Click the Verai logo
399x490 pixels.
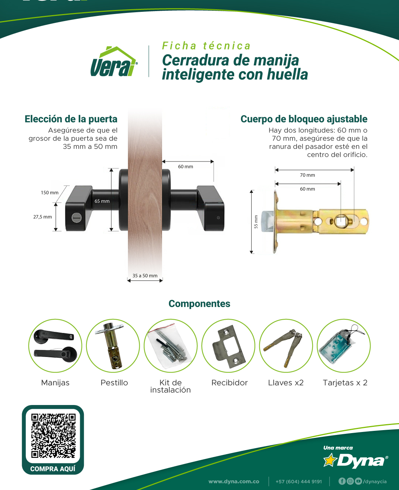click(x=114, y=61)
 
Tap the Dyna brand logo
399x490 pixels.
click(x=355, y=460)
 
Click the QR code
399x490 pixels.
click(x=53, y=435)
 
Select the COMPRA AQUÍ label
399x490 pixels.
click(x=53, y=469)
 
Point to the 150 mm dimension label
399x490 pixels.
click(x=50, y=193)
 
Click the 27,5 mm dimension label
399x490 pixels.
click(x=42, y=217)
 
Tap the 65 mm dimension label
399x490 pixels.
click(x=102, y=201)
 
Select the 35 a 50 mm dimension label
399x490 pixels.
click(x=145, y=276)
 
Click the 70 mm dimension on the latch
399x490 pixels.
click(x=307, y=175)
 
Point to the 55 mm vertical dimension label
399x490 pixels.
click(x=256, y=222)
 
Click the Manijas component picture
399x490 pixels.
click(x=55, y=346)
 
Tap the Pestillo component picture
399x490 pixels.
click(x=113, y=346)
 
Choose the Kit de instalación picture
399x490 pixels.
click(x=171, y=346)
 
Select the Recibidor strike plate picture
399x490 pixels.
click(x=228, y=346)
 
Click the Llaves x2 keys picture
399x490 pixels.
click(x=286, y=346)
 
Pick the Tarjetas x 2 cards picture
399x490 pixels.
click(x=344, y=346)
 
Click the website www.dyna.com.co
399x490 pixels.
click(x=233, y=482)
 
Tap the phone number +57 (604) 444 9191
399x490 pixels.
click(x=299, y=482)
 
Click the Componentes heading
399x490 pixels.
click(x=199, y=304)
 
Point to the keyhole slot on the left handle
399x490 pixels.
click(x=76, y=217)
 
